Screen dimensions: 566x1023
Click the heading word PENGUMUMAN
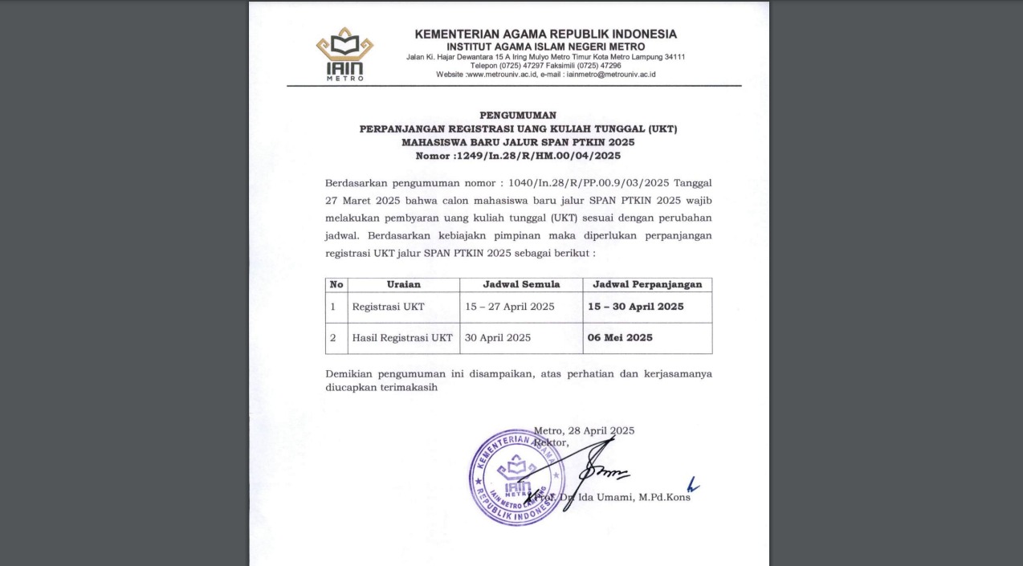518,115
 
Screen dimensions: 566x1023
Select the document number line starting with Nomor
518,156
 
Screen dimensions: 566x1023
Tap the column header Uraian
403,284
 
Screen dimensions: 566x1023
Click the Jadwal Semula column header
521,284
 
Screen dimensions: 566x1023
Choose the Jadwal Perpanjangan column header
647,284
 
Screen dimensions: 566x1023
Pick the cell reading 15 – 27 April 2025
510,307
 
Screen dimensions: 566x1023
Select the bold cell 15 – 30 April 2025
635,307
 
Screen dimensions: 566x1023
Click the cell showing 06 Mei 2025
620,338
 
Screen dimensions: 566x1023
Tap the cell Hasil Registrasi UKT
402,338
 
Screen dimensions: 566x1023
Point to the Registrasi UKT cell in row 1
388,307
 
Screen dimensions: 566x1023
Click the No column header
336,284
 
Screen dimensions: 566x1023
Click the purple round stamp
511,477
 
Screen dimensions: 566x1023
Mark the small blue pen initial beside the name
692,485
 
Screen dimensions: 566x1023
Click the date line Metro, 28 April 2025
584,430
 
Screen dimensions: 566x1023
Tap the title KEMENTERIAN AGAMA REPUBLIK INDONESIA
545,35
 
